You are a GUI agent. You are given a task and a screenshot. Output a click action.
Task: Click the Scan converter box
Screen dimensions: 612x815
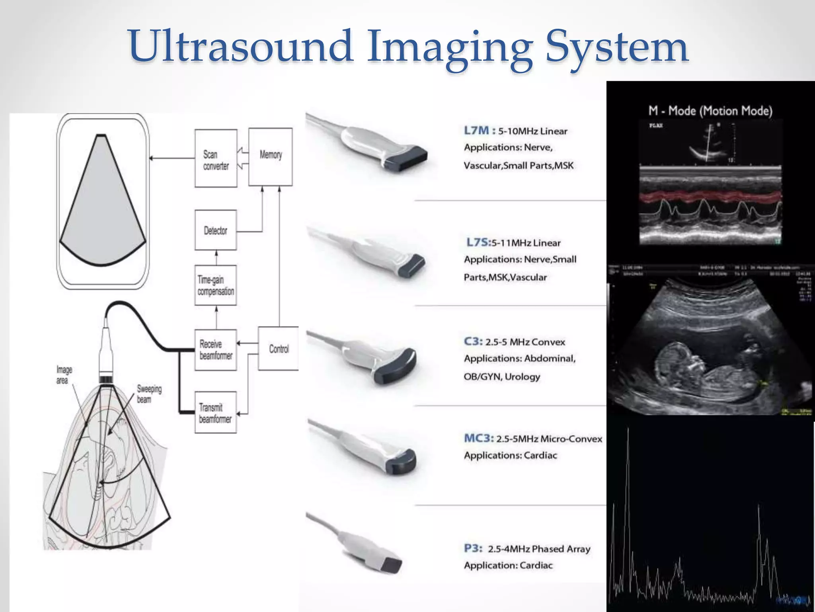216,159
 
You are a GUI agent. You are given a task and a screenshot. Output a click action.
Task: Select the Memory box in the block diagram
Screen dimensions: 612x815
271,157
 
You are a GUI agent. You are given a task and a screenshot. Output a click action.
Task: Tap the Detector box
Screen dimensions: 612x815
216,230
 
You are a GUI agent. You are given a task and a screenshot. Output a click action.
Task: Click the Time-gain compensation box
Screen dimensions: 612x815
216,285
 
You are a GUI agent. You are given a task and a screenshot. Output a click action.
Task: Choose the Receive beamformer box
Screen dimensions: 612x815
216,350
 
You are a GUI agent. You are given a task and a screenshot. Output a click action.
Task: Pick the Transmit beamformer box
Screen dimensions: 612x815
216,412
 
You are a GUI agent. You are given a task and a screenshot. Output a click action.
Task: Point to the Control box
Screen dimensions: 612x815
279,349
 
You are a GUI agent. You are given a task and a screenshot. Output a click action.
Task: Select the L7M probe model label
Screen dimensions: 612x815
477,130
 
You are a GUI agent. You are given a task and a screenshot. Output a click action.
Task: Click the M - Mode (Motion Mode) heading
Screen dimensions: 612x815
710,110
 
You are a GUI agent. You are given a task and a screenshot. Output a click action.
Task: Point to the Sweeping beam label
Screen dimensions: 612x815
149,394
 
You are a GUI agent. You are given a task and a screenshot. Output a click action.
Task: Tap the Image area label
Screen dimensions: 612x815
64,375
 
